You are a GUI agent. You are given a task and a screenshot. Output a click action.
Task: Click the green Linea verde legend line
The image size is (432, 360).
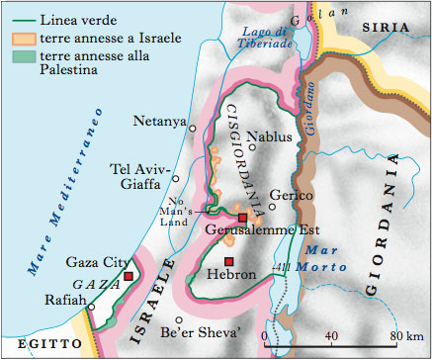19,19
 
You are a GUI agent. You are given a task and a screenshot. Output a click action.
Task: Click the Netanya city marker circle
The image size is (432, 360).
194,128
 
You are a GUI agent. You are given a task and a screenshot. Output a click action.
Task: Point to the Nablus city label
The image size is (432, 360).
273,136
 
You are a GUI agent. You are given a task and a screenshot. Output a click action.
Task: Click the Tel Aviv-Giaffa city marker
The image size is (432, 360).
176,178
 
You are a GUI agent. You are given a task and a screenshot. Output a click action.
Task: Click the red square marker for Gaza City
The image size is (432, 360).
128,275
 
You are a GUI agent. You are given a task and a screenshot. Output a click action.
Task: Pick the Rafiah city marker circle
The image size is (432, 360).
90,307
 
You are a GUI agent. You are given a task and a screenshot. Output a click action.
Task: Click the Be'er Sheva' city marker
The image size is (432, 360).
179,319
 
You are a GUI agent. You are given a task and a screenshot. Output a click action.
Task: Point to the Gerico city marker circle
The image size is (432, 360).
273,207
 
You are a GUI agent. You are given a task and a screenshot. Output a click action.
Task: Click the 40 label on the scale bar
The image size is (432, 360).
330,336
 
